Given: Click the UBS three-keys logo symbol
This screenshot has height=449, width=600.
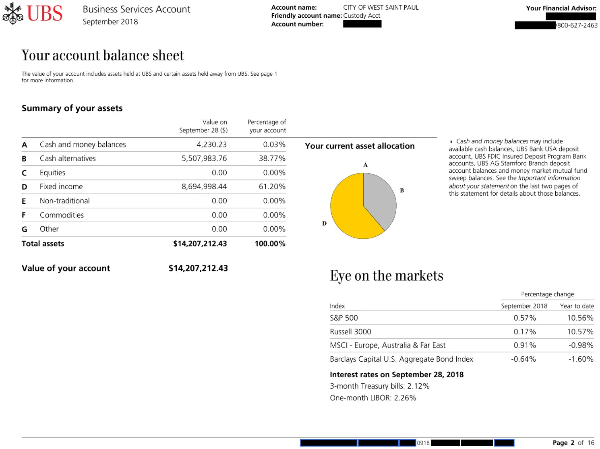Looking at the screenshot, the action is [12, 13].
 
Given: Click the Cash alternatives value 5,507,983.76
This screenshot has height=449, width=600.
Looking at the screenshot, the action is [204, 159].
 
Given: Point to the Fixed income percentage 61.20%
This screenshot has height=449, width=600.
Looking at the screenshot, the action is [272, 187].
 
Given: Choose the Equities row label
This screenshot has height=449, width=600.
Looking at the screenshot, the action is [52, 173].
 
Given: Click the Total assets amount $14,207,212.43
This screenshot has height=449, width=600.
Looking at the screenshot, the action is [200, 244].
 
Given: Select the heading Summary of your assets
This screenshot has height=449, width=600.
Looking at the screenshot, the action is [72, 108].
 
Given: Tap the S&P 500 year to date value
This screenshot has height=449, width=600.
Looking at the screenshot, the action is [580, 318].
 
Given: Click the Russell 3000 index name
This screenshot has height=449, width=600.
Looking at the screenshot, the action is [350, 332].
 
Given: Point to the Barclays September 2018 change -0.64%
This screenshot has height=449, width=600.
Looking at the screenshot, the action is [523, 359].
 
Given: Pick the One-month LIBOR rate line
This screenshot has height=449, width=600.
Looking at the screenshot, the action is [373, 398].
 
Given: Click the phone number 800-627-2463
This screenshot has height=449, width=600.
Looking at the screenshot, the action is [577, 25].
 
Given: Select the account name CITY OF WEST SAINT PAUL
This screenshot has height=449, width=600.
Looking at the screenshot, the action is [381, 7].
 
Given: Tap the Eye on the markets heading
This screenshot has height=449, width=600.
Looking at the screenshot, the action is [387, 275].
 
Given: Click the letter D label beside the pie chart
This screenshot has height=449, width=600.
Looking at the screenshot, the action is [324, 223].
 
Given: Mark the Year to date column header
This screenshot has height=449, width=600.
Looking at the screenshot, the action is [577, 306].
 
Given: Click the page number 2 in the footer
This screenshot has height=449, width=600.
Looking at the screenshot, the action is [572, 443].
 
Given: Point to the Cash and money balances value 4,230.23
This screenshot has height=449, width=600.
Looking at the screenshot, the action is [211, 145].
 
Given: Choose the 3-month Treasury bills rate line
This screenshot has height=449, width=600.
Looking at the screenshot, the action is [380, 386].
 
